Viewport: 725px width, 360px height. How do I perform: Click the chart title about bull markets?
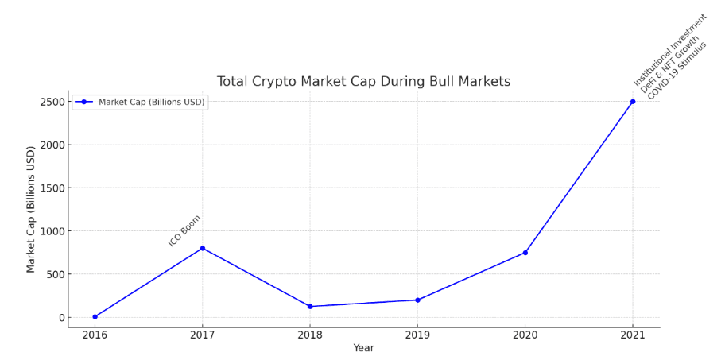point(363,82)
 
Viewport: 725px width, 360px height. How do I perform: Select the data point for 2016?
point(95,317)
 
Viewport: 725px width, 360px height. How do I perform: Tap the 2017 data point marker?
point(202,248)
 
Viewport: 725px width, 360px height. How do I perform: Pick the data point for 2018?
point(310,307)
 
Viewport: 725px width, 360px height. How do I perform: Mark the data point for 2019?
point(417,300)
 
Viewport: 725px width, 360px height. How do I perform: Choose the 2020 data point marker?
point(525,253)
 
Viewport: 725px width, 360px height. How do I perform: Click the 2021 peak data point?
point(633,102)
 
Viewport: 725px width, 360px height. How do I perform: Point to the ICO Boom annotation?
point(184,230)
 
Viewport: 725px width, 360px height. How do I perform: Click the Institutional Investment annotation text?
point(670,49)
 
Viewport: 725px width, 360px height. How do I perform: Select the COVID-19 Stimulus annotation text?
point(677,71)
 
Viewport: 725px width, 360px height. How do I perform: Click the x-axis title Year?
point(363,348)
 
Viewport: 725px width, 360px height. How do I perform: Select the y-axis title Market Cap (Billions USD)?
point(31,209)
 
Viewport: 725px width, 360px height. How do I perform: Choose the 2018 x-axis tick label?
point(310,335)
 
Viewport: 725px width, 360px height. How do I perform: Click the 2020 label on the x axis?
point(525,335)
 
